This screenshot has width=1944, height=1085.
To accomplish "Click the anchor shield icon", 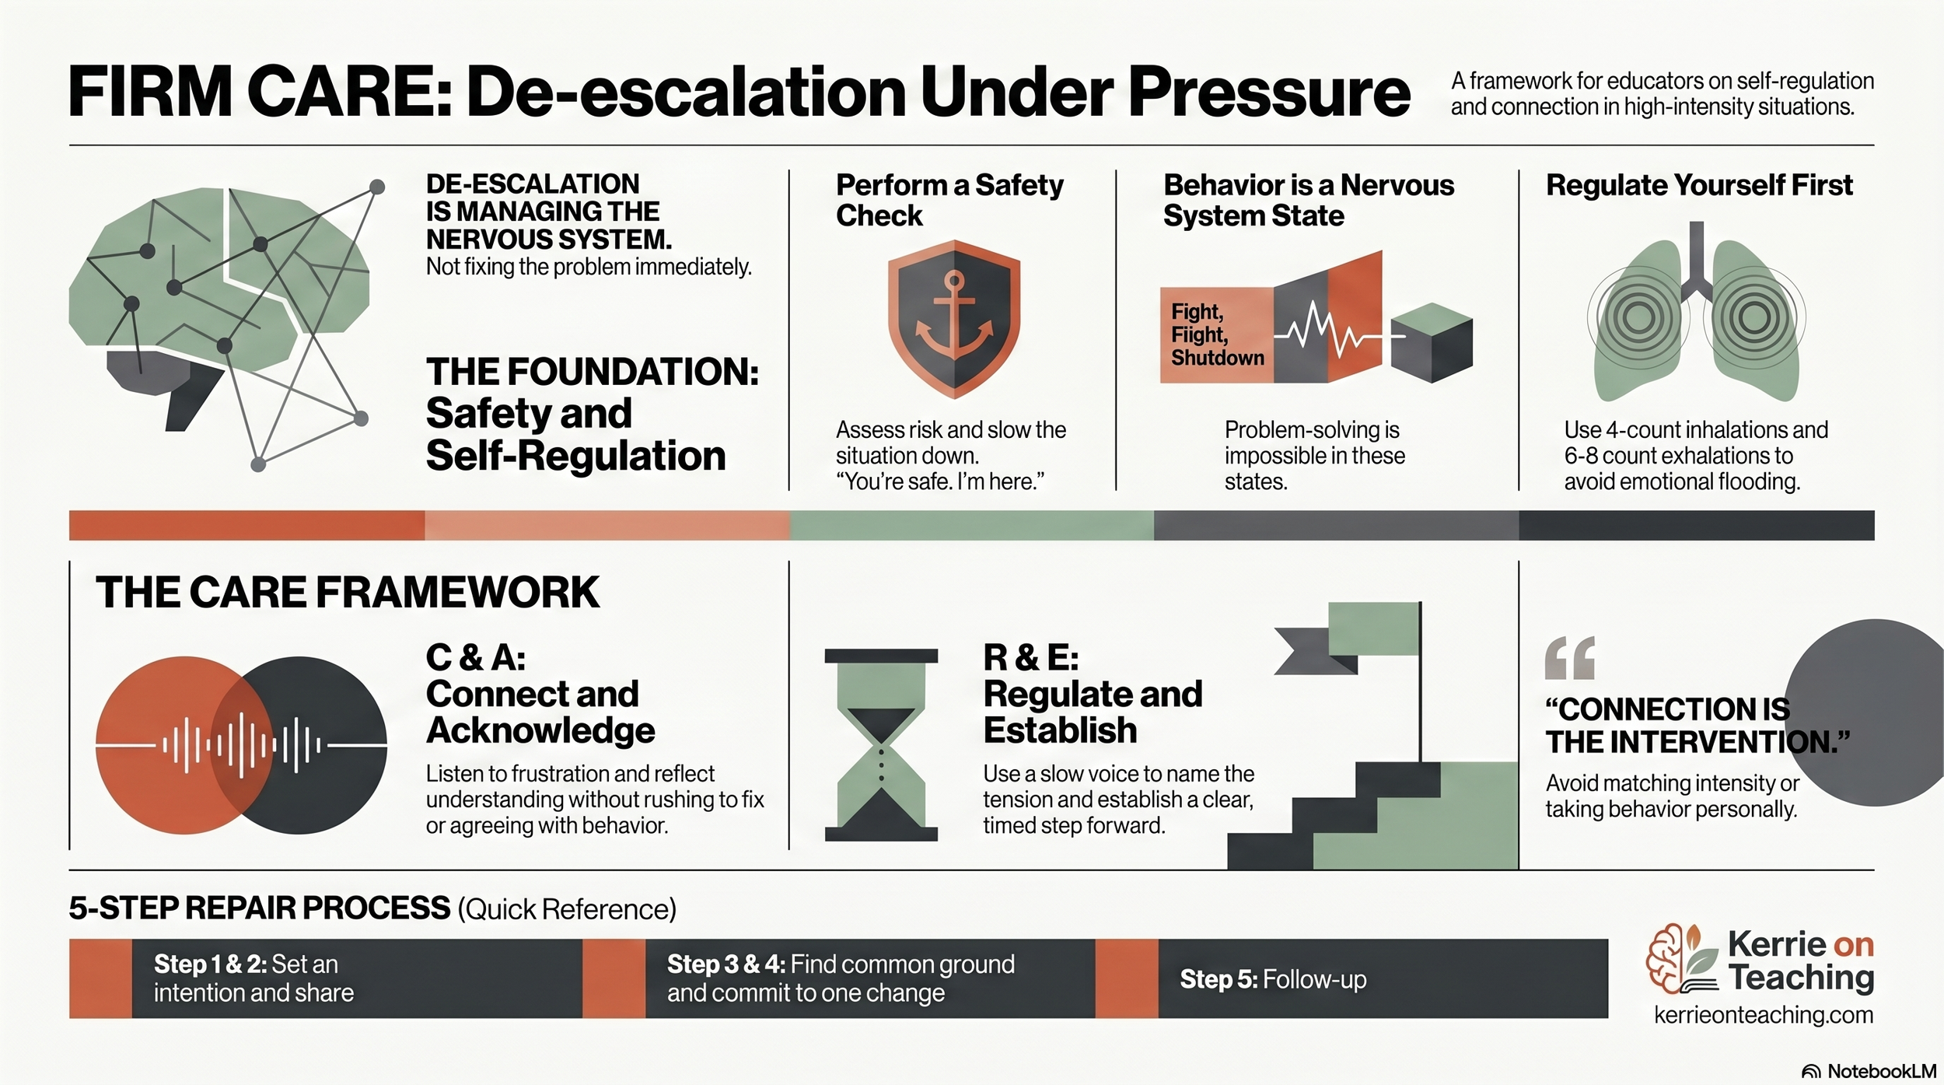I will pyautogui.click(x=953, y=319).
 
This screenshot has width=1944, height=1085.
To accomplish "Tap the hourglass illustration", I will pyautogui.click(x=881, y=744).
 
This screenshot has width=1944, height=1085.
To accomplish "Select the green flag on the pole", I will pyautogui.click(x=1373, y=628).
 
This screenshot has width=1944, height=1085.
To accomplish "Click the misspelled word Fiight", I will pyautogui.click(x=1199, y=335).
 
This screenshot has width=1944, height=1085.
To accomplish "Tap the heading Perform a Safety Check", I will pyautogui.click(x=949, y=200).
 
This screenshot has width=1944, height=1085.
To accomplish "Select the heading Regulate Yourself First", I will pyautogui.click(x=1698, y=185).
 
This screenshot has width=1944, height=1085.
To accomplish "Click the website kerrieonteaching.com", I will pyautogui.click(x=1763, y=1015).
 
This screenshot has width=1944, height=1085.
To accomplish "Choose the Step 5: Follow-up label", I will pyautogui.click(x=1272, y=979).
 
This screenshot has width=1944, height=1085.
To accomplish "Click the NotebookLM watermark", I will pyautogui.click(x=1869, y=1071).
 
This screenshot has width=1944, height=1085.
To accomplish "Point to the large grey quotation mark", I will pyautogui.click(x=1569, y=658).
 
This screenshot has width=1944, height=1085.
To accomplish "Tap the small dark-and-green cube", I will pyautogui.click(x=1431, y=342).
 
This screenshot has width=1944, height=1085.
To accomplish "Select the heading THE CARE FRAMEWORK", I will pyautogui.click(x=347, y=593).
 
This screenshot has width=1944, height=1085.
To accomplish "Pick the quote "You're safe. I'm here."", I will pyautogui.click(x=939, y=481).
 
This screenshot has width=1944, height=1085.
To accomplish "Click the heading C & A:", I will pyautogui.click(x=475, y=658).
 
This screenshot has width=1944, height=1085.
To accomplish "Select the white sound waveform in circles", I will pyautogui.click(x=241, y=745).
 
